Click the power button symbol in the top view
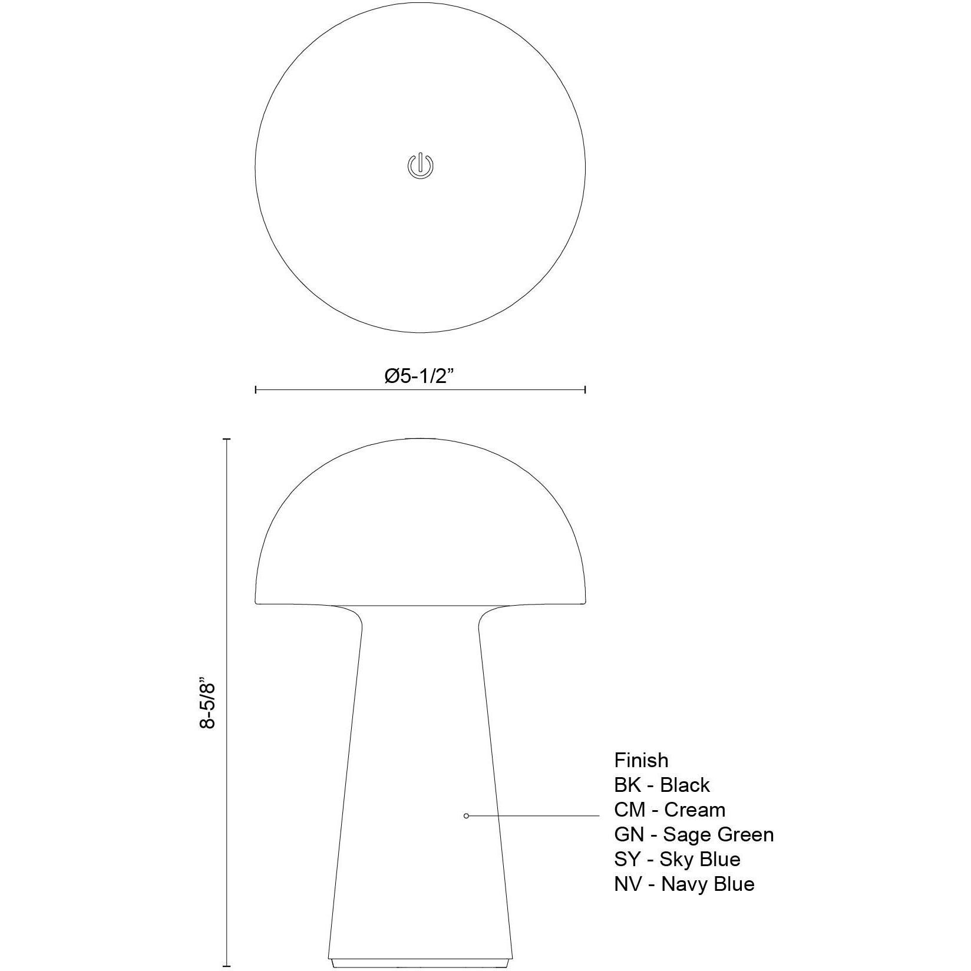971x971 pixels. tap(420, 166)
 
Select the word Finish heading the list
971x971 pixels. tap(641, 760)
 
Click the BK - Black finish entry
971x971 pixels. tap(662, 785)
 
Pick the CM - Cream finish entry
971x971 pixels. tap(669, 810)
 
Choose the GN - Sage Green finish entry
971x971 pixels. tap(694, 834)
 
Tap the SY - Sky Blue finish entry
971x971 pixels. tap(677, 859)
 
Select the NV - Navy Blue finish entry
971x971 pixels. tap(684, 884)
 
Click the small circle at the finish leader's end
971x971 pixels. tap(467, 816)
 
